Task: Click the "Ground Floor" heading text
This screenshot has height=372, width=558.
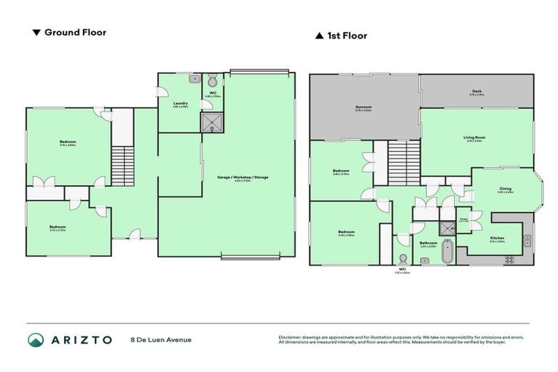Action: [75, 33]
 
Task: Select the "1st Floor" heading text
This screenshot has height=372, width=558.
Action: [347, 36]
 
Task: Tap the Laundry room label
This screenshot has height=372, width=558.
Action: [180, 104]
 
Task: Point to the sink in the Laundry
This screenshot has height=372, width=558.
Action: [194, 78]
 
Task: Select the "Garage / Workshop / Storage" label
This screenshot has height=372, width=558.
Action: [247, 177]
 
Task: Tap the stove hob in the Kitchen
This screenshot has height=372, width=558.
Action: [509, 259]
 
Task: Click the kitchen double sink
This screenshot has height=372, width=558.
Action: [528, 240]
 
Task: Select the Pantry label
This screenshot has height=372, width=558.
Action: [463, 219]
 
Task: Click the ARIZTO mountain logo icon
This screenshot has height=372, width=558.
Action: [36, 339]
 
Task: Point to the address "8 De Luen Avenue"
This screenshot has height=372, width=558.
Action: [161, 339]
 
